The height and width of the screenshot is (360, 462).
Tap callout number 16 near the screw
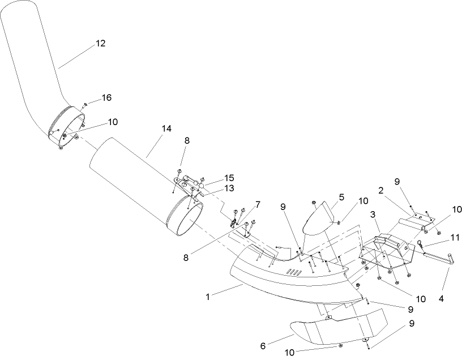(106, 98)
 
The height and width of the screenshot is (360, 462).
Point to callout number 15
(213, 177)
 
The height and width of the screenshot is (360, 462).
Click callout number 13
(213, 188)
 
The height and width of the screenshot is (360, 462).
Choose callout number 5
(341, 199)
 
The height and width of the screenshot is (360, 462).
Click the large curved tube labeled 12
(34, 62)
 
